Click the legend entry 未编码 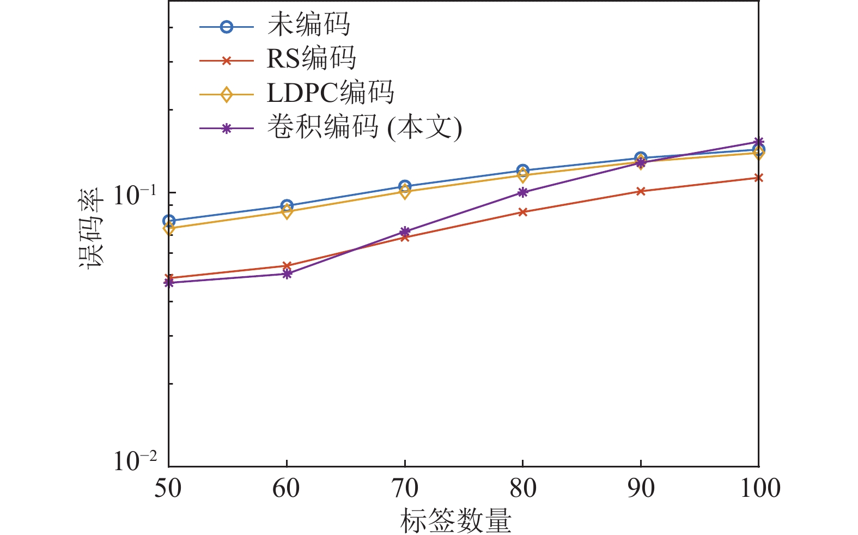click(x=308, y=25)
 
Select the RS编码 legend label click(x=311, y=59)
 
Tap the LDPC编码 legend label click(x=330, y=93)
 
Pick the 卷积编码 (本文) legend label click(x=364, y=127)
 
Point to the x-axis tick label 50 click(x=168, y=488)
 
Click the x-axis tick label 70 click(x=404, y=488)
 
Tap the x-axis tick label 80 click(x=522, y=488)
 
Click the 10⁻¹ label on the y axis click(x=135, y=195)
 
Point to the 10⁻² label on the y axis click(x=135, y=461)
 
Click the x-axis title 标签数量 click(x=455, y=520)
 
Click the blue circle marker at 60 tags click(x=287, y=206)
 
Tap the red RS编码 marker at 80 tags click(x=522, y=212)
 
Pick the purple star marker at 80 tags click(x=522, y=192)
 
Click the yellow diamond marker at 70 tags click(x=404, y=192)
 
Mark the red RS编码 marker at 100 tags click(x=758, y=178)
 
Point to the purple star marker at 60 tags click(x=287, y=274)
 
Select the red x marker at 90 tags click(x=641, y=191)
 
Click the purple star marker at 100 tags click(x=758, y=142)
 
